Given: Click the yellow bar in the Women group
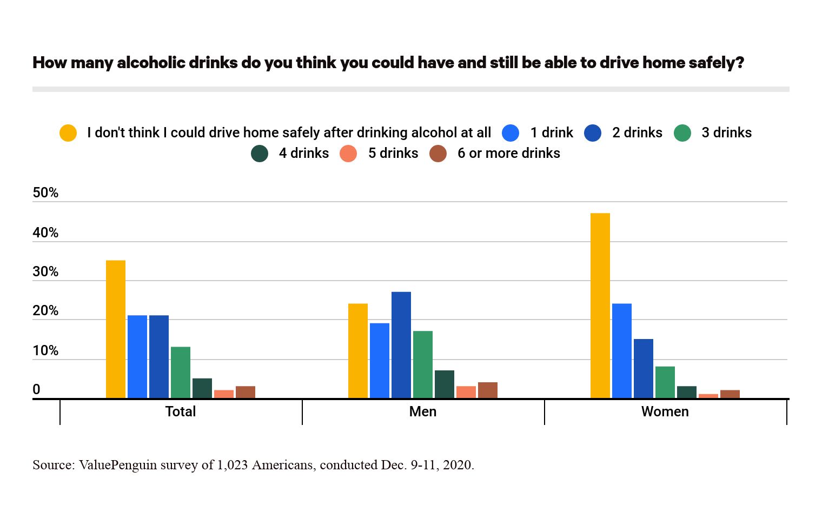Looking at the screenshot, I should (x=600, y=305).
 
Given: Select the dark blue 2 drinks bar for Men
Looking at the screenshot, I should (x=401, y=345).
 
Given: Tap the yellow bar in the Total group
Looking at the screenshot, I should (x=115, y=329).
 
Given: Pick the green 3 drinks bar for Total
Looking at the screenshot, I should (x=180, y=373).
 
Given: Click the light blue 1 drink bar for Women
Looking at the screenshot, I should (x=621, y=351).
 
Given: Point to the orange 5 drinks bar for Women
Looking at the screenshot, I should (x=708, y=396).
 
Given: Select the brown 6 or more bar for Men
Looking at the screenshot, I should (x=487, y=390).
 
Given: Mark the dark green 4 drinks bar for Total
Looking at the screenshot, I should (x=202, y=388).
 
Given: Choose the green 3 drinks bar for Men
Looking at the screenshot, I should (x=422, y=364).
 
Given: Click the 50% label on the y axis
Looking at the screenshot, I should (x=45, y=193).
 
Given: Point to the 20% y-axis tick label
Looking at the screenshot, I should (x=45, y=311).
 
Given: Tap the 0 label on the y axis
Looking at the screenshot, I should (x=36, y=389).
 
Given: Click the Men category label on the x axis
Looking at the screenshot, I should (x=423, y=412).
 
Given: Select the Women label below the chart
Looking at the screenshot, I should (x=665, y=412).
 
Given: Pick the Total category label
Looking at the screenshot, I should (x=181, y=412).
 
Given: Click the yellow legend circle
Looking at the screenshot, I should (x=68, y=133).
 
